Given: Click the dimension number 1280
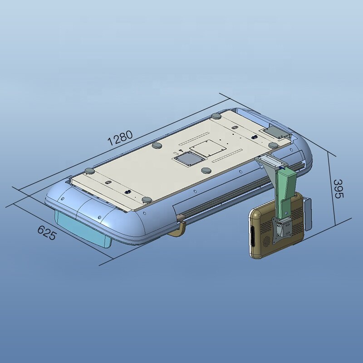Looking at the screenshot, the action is [120, 138].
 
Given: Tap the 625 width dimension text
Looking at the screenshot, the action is [47, 233].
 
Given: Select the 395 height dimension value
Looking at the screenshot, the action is [338, 189].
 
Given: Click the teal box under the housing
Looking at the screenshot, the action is [83, 229].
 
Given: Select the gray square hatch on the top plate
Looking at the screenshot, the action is [189, 158].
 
